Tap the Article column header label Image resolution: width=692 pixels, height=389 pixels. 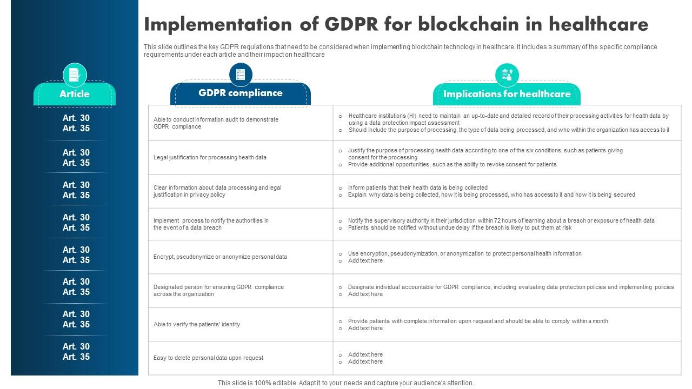75,94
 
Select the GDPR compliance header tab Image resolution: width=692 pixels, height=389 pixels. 241,93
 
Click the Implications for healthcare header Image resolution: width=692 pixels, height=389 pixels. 507,94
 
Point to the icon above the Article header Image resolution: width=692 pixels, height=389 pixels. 75,75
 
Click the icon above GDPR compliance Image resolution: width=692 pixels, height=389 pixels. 241,74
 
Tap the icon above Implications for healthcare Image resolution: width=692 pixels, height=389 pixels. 507,75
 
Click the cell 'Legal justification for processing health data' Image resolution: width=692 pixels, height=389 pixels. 210,158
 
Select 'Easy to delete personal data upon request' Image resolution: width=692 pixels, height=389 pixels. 208,358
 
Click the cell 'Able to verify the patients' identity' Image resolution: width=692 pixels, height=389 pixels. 197,325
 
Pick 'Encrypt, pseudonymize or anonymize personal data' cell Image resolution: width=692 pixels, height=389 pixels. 220,257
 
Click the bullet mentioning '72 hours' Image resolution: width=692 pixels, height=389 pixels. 501,221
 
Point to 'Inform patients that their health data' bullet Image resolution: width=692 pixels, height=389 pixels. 418,188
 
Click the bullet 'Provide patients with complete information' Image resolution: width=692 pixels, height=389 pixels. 478,321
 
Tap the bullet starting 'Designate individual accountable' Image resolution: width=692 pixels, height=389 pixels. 511,287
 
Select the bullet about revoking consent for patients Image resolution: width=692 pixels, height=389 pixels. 452,165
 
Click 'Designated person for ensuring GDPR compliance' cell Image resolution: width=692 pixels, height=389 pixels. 218,291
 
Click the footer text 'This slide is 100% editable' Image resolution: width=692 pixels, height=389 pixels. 345,383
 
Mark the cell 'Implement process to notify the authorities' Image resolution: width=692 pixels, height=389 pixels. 211,224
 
